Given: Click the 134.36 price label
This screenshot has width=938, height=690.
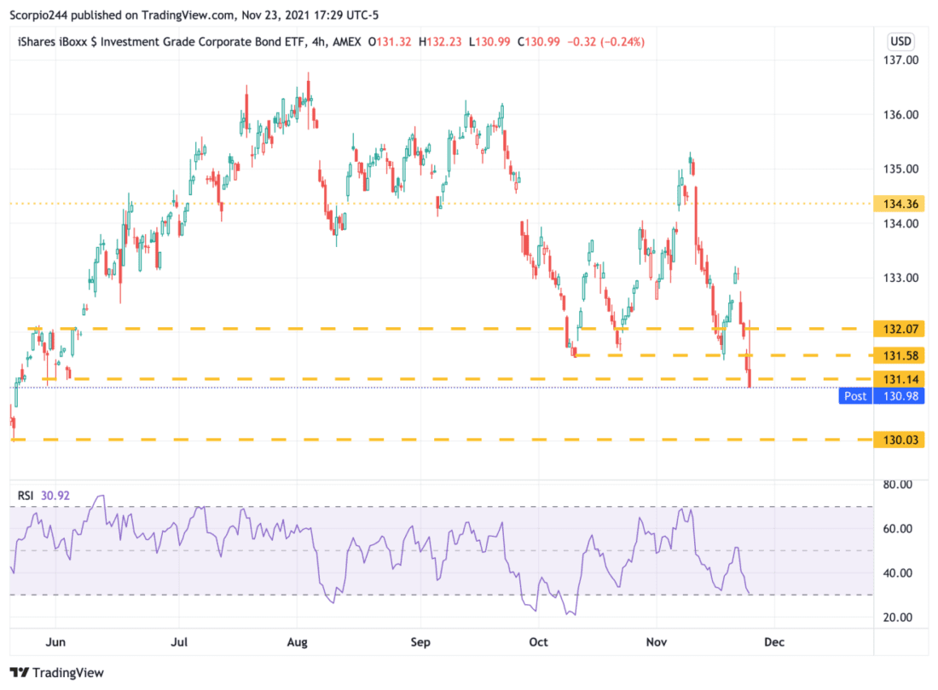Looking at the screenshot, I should tap(901, 204).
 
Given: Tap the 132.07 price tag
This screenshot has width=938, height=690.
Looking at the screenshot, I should tap(901, 329).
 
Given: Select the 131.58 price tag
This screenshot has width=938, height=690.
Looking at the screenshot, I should tap(901, 355).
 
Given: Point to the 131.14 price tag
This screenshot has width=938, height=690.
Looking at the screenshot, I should tap(901, 378).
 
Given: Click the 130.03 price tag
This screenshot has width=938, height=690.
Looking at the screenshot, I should tap(901, 440).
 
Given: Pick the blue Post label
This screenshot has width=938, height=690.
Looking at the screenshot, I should tap(854, 396).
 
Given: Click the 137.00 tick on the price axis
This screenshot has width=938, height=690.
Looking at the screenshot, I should tap(901, 61).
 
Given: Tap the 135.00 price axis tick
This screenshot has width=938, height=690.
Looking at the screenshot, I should tap(901, 170).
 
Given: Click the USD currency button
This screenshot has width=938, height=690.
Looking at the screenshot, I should tap(900, 40).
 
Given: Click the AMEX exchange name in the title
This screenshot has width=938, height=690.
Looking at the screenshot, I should tap(346, 41).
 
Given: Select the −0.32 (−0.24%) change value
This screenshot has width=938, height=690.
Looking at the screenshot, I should tap(610, 41).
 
